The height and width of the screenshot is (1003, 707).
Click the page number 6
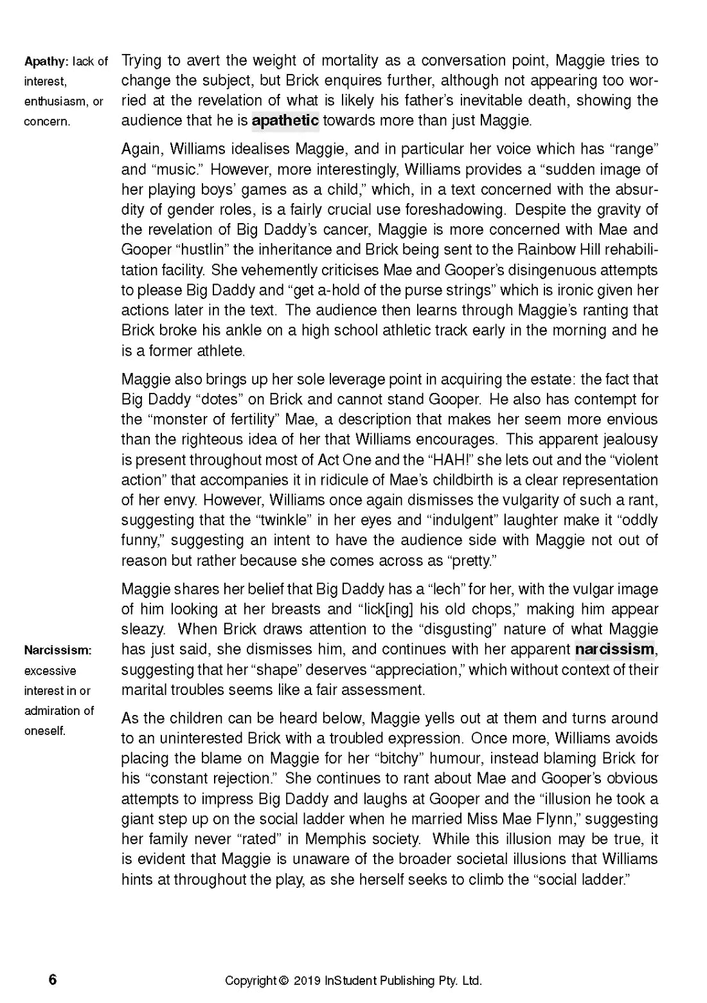(53, 980)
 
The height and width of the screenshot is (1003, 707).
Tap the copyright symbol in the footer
(283, 981)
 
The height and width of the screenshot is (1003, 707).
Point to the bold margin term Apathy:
(46, 62)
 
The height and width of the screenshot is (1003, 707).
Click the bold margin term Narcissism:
(58, 650)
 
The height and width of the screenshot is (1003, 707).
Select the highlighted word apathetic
(285, 120)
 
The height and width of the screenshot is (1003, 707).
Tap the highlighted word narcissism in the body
(614, 649)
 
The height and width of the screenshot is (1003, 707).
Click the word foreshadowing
(455, 210)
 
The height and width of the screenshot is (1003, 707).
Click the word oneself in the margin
(44, 731)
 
